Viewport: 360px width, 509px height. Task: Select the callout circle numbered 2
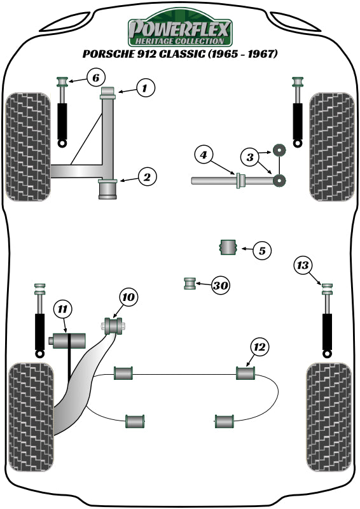[x=146, y=178]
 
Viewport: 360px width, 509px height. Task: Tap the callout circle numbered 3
[x=250, y=156]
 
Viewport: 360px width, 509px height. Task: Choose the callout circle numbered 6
[x=93, y=78]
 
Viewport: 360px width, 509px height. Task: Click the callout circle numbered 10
[x=128, y=296]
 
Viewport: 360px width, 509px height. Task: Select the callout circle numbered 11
[x=62, y=309]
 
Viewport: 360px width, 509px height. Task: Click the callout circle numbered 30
[x=220, y=286]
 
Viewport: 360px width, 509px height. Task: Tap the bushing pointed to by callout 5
[x=228, y=248]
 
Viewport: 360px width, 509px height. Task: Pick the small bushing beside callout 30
[x=190, y=283]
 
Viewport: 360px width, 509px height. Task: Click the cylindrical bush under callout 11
[x=68, y=341]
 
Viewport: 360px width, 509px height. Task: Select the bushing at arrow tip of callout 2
[x=107, y=189]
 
